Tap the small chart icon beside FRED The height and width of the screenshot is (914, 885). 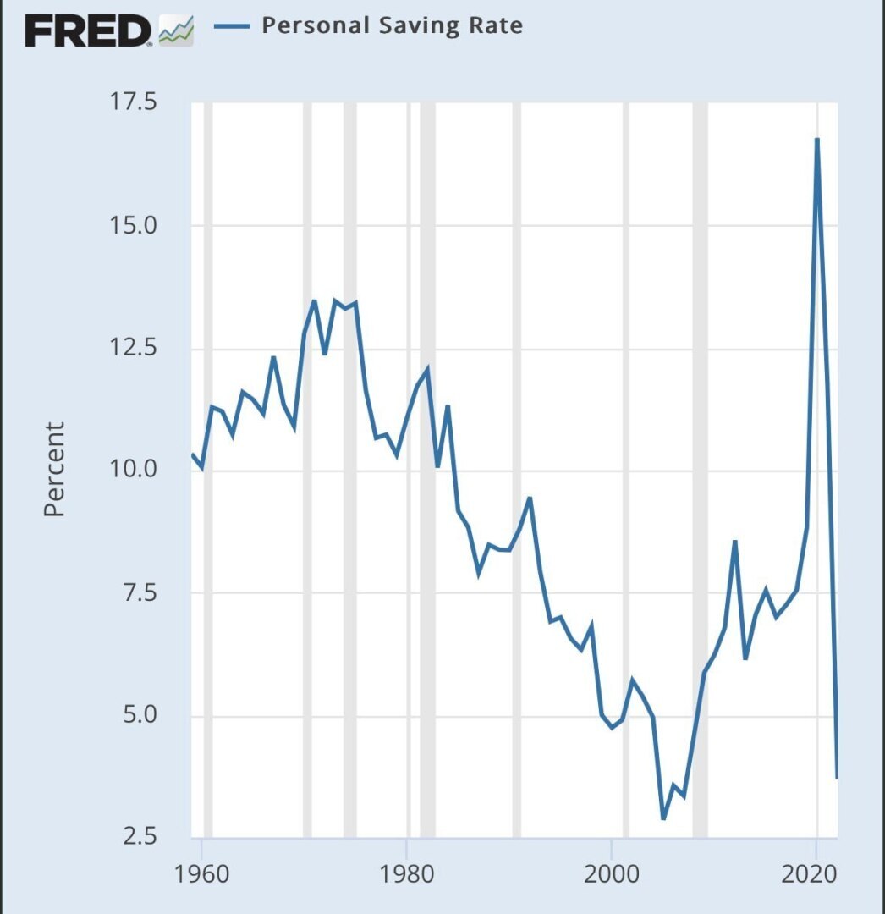click(177, 33)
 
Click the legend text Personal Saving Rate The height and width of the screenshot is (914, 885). click(392, 25)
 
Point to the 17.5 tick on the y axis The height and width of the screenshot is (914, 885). click(135, 103)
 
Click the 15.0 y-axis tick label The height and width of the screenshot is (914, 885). click(135, 226)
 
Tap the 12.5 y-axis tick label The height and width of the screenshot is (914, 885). click(135, 349)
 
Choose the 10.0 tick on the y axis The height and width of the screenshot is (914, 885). click(135, 471)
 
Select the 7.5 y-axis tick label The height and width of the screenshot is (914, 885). click(135, 594)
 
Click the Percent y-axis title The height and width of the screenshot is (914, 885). click(54, 470)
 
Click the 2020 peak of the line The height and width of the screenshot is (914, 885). click(817, 139)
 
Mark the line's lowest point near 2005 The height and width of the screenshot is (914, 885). click(664, 818)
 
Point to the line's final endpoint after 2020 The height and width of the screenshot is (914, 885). click(837, 777)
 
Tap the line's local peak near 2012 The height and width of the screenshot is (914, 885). click(735, 541)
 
